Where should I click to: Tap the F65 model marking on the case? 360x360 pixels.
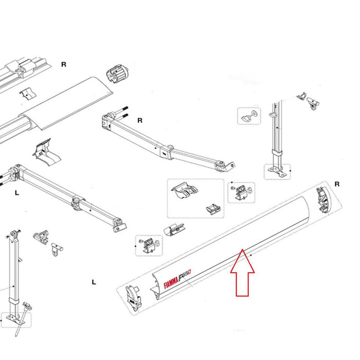185,275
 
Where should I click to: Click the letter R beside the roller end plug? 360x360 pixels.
64,64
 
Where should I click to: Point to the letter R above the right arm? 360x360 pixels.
139,120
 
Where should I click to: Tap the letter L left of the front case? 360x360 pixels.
94,282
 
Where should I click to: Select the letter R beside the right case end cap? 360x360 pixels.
337,184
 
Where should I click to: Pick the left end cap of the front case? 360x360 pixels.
132,297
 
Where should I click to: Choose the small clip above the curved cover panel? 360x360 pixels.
28,93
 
